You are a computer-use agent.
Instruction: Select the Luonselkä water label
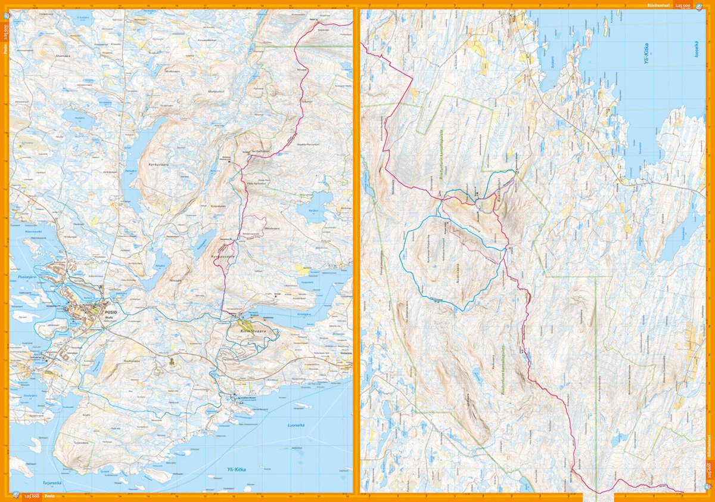(296, 425)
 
